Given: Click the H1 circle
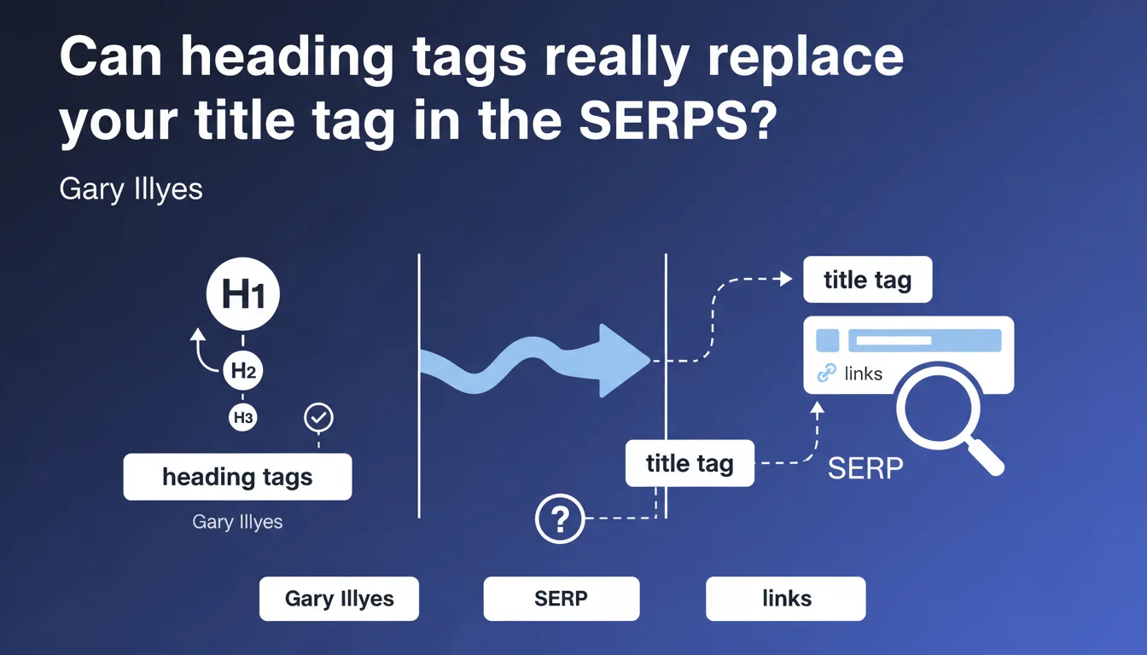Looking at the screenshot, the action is click(x=242, y=293).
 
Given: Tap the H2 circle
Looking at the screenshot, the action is click(x=242, y=370).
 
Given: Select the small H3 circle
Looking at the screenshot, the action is click(x=242, y=417).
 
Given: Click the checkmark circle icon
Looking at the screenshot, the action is click(x=318, y=417).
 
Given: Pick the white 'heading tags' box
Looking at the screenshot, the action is click(x=237, y=477).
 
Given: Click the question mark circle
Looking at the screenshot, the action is click(x=560, y=519).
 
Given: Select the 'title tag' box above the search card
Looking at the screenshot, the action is click(x=867, y=280).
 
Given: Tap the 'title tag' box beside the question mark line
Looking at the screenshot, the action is click(x=690, y=463).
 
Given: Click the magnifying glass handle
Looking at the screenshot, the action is click(x=986, y=457).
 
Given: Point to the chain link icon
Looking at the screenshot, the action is click(x=826, y=373).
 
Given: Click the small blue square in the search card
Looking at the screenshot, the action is click(x=828, y=340).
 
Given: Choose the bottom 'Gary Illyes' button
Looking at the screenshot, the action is click(x=339, y=599).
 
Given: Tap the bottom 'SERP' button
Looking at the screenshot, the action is click(x=562, y=599).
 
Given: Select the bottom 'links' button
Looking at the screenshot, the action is click(x=786, y=599).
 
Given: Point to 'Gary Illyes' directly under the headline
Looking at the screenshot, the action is click(x=131, y=189).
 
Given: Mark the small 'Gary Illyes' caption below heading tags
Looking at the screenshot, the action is click(x=237, y=522).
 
